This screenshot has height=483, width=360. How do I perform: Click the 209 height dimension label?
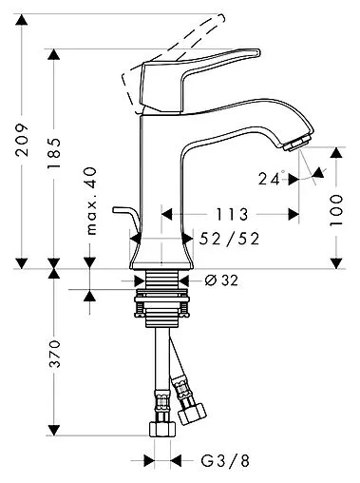[22, 140]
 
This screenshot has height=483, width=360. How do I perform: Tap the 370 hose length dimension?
[54, 354]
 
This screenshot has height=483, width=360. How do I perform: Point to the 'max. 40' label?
[91, 201]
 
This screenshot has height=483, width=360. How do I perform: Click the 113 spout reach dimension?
[232, 215]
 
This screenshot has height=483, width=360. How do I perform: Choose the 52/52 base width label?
[229, 239]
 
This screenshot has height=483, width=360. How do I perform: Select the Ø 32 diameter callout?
[221, 280]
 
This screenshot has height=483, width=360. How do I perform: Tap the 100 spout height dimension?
[336, 210]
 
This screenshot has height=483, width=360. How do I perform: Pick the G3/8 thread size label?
[225, 460]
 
